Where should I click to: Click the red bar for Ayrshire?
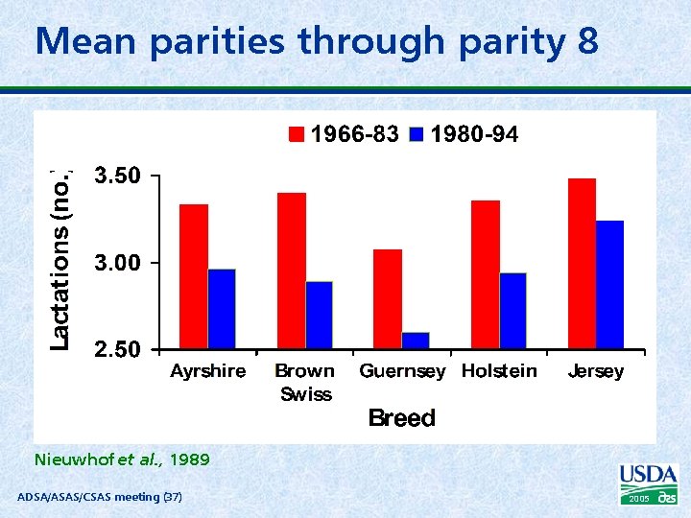tap(194, 276)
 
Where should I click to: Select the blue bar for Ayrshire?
tap(222, 309)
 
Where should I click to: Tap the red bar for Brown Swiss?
tap(292, 271)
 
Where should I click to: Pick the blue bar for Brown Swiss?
tap(320, 315)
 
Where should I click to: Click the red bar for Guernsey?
tap(388, 298)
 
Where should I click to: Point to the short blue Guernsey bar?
tap(416, 341)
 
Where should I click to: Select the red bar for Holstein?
tap(486, 274)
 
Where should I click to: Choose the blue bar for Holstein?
tap(513, 311)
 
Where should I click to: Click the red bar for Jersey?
tap(582, 263)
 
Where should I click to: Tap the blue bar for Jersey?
tap(609, 285)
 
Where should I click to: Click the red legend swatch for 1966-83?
tap(298, 135)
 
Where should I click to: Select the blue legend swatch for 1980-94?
tap(417, 135)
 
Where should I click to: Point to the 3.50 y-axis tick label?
tap(117, 176)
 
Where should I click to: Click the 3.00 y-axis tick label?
tap(117, 262)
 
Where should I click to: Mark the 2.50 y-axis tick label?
tap(117, 349)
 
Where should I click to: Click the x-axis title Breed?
tap(402, 418)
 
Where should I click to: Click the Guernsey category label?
tap(402, 371)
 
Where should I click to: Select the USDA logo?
tap(649, 483)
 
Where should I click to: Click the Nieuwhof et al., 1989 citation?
tap(122, 459)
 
